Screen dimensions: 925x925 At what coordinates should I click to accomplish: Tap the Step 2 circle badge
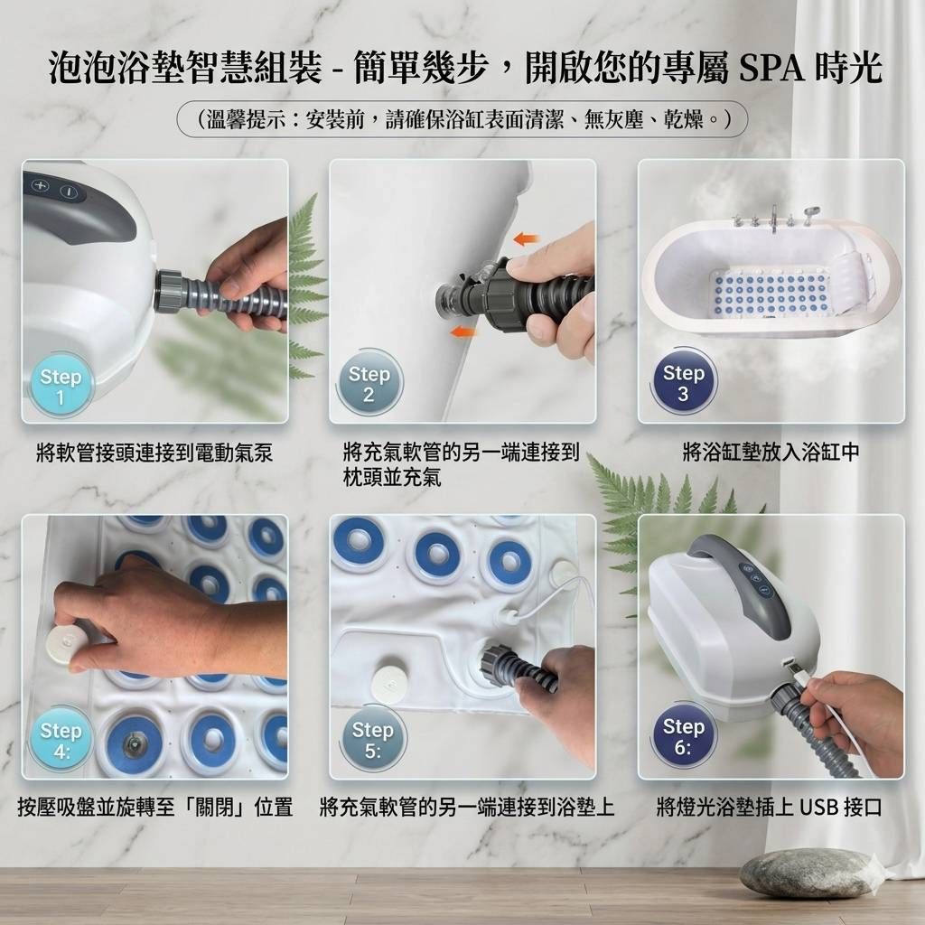point(369,383)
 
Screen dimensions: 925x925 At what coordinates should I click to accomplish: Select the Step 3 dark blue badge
point(683,382)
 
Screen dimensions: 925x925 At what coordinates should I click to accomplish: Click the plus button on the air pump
point(41,186)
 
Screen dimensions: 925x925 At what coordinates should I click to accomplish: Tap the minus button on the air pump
point(70,192)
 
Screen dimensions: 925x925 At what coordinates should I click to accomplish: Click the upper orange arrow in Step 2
point(527,238)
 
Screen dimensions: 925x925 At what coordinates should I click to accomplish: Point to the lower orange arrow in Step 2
point(463,332)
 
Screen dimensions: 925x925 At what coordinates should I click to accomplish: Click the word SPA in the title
point(771,68)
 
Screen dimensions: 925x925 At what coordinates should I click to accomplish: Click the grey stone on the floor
point(809,874)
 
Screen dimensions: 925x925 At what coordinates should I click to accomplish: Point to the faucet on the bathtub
point(773,219)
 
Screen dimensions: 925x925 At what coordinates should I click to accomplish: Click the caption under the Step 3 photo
point(771,453)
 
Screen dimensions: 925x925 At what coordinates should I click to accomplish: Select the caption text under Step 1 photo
point(154,453)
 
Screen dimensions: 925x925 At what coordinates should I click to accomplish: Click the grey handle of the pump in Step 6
point(748,584)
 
